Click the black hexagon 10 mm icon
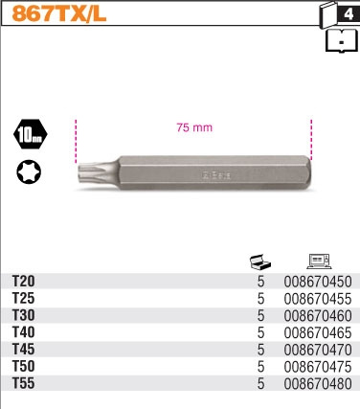pos(30,134)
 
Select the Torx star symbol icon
pos(30,173)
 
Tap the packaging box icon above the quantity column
pos(259,260)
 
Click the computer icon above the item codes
pos(319,260)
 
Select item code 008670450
pos(319,281)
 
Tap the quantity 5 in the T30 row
pos(260,315)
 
